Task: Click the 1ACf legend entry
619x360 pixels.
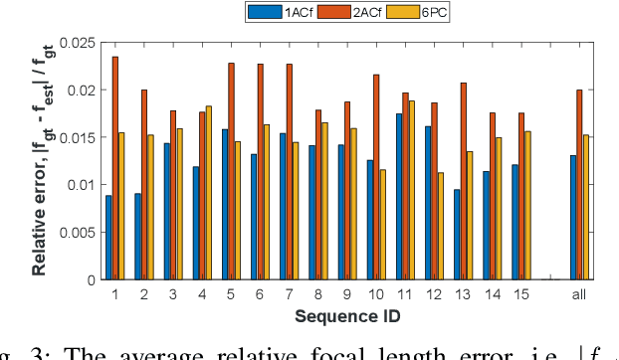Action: [273, 12]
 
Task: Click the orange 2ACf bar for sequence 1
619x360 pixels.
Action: [114, 168]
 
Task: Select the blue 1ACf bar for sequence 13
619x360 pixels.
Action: [457, 234]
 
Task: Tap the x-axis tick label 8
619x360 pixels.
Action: [317, 294]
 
